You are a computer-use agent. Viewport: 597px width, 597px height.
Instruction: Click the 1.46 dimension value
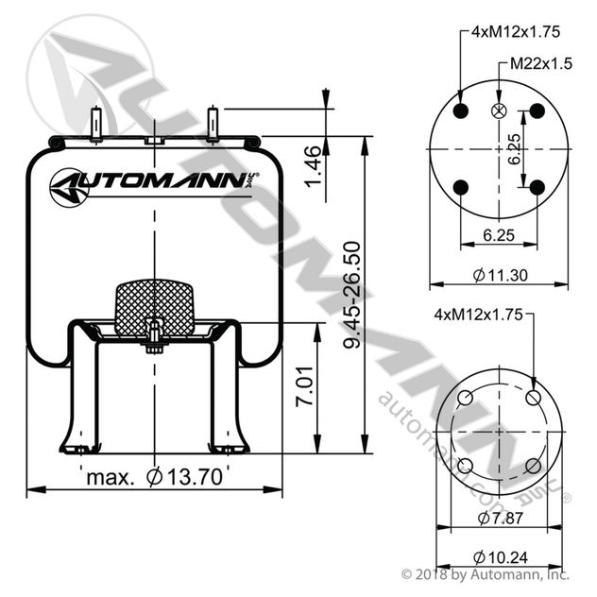[314, 165]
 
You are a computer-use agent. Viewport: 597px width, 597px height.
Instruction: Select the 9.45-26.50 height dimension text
[351, 295]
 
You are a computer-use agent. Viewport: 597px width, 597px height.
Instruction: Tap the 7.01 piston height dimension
[304, 386]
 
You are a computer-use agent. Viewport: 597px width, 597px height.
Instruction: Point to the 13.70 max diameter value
[184, 477]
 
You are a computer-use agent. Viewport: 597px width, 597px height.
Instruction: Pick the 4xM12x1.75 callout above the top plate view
[516, 31]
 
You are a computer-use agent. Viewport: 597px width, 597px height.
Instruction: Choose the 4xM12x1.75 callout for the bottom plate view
[479, 315]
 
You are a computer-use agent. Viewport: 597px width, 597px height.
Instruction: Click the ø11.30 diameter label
[501, 275]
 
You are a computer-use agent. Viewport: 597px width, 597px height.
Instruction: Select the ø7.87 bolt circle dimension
[501, 518]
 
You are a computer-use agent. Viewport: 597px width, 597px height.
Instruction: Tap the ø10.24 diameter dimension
[501, 557]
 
